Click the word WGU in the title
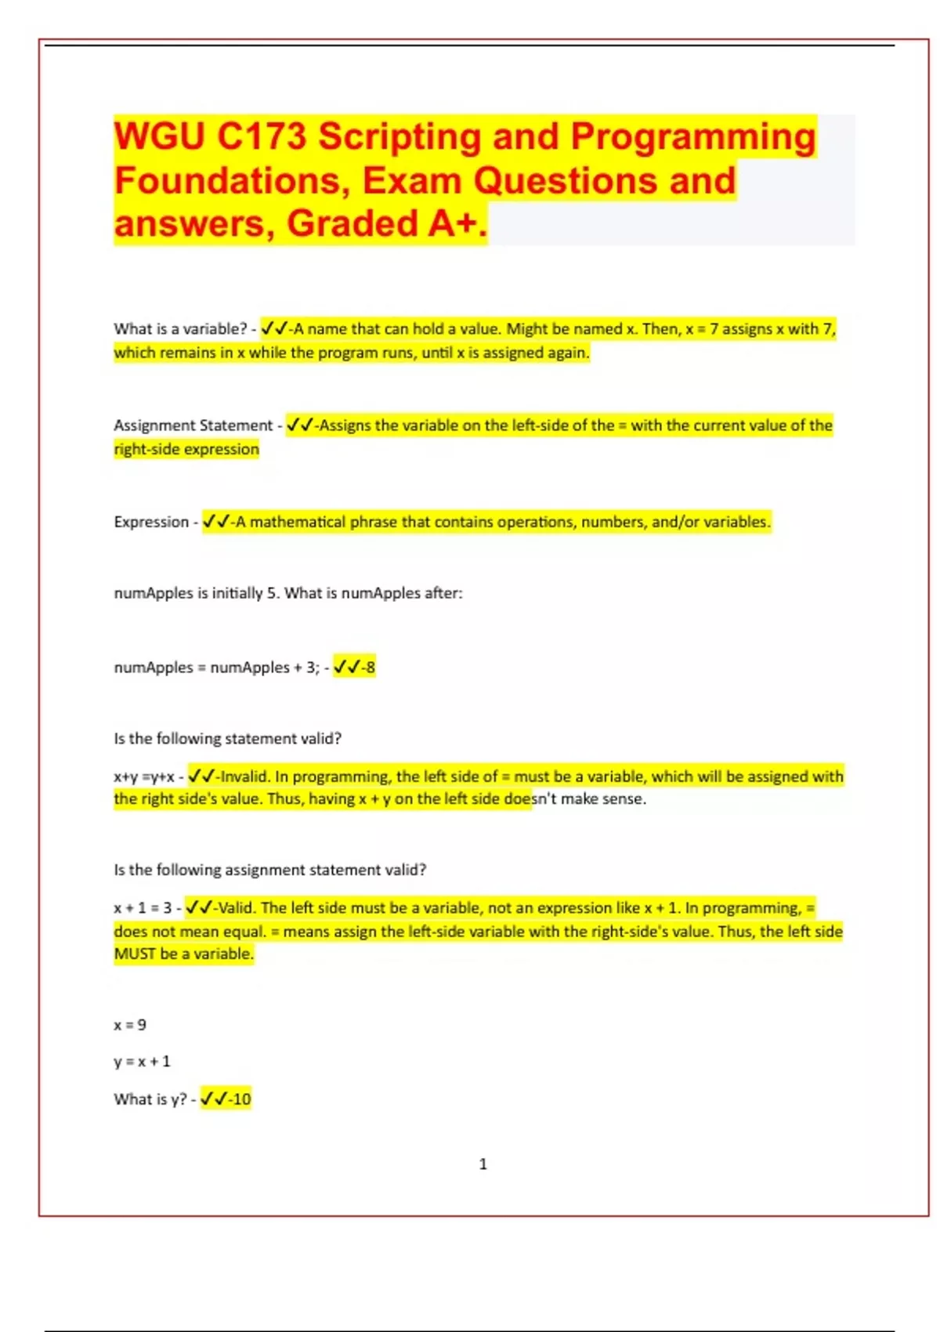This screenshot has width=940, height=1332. [160, 136]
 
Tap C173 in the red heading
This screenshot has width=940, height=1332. [262, 136]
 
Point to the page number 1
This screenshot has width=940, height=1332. [483, 1164]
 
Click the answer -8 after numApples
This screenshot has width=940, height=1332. [367, 668]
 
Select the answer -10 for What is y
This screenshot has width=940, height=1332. [238, 1099]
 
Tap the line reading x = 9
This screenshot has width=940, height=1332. [130, 1025]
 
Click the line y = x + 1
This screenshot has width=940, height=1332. [142, 1062]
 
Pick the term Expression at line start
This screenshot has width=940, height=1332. [151, 522]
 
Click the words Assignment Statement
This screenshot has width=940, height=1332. [193, 425]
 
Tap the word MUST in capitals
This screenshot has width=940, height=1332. [135, 954]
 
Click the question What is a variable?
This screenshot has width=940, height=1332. [180, 329]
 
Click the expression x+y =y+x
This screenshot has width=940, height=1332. [143, 777]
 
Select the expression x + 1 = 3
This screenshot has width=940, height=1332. [143, 908]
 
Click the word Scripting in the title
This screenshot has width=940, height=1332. [399, 136]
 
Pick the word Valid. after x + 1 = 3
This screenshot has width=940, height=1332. [236, 908]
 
